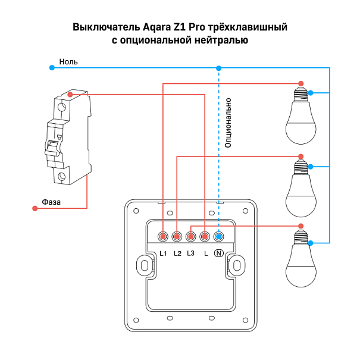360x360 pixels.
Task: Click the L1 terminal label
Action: (164, 254)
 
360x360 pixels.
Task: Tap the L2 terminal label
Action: (177, 254)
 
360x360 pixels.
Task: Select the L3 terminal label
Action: (191, 254)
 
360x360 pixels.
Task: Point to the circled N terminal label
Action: (218, 254)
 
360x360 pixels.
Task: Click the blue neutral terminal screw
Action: (218, 237)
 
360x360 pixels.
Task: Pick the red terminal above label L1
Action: (163, 237)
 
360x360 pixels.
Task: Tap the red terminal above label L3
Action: (191, 237)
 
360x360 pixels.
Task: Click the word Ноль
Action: (68, 61)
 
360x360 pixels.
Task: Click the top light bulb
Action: (300, 116)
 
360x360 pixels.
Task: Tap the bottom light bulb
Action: (300, 259)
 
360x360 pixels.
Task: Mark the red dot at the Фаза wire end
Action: (33, 208)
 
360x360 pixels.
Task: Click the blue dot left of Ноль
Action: (52, 68)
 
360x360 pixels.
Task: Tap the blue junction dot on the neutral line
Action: (218, 68)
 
